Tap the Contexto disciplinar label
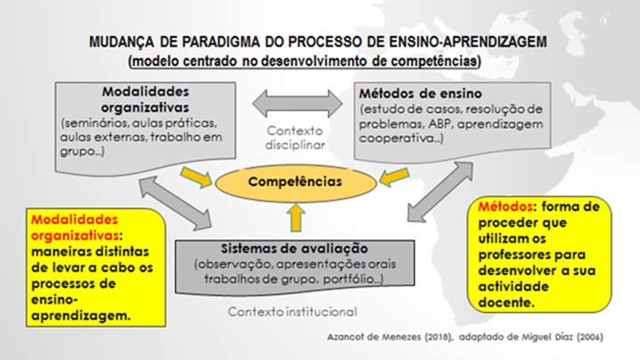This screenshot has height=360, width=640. coord(295,138)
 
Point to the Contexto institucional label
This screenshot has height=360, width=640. coord(292,312)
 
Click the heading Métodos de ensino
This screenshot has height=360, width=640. coord(420,93)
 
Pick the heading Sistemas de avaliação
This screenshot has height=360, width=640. coord(294,248)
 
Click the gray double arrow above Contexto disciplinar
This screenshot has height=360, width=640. coord(298,103)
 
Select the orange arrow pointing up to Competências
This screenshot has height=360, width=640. coord(296,218)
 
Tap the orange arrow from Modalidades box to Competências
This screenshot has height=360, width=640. coord(196,177)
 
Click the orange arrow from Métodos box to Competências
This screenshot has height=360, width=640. coord(394,177)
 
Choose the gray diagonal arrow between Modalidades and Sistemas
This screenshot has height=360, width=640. coord(175,203)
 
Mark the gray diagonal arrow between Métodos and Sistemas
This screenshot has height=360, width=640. coord(440,192)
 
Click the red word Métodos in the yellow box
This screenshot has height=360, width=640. coord(505,206)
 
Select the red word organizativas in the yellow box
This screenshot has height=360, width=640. coord(75,236)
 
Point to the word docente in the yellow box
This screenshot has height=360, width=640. coord(506,302)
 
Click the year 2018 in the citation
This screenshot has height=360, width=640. coord(438,337)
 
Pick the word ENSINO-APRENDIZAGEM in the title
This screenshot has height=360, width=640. coord(468,42)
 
